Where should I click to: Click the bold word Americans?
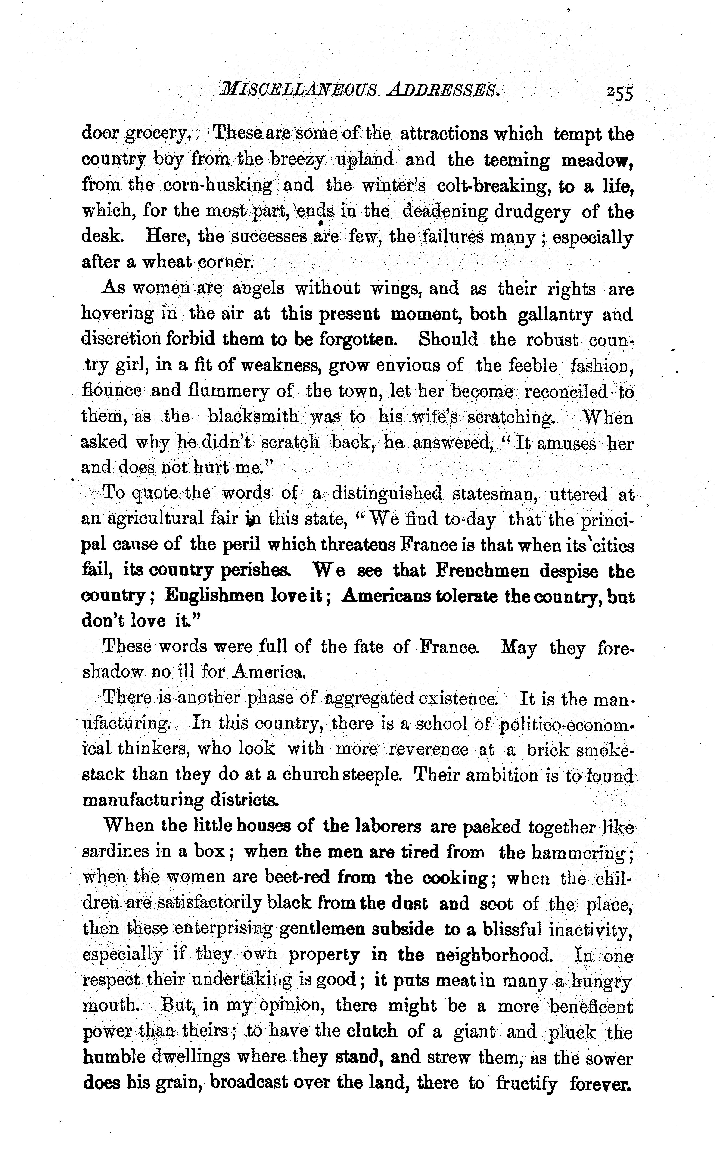click(386, 595)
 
